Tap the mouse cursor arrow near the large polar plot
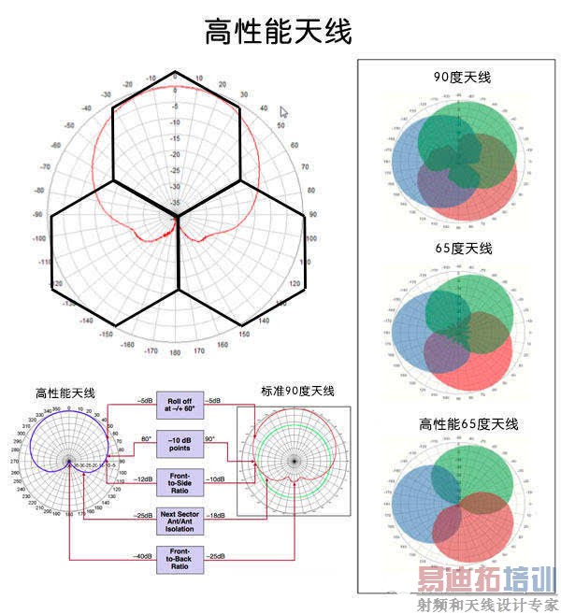[x=284, y=112]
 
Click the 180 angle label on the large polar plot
[x=175, y=353]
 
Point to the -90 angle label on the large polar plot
[x=38, y=214]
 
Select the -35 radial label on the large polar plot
[x=177, y=202]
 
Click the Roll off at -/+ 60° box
[x=180, y=404]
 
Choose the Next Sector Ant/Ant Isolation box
[x=180, y=520]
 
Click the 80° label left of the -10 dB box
[x=146, y=437]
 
